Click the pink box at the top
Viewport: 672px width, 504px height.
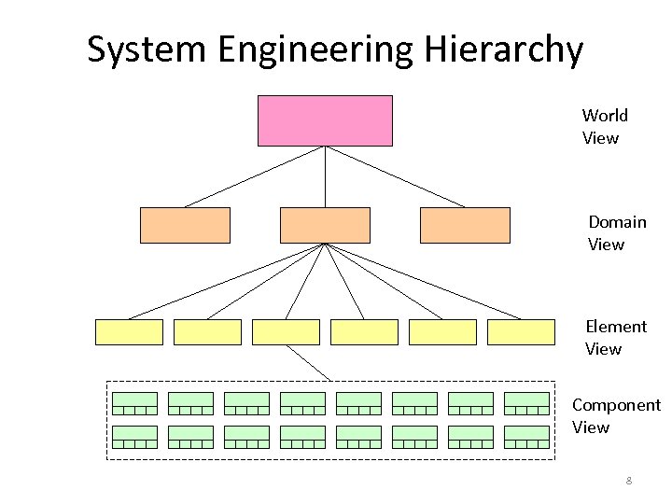(x=325, y=120)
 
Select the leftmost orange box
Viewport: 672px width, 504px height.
(x=185, y=225)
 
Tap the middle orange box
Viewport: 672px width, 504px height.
(x=325, y=225)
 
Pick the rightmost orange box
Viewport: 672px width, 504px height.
(x=465, y=225)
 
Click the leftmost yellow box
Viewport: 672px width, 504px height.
(x=129, y=331)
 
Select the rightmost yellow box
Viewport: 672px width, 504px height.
(x=521, y=331)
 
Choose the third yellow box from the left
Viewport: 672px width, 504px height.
(x=286, y=331)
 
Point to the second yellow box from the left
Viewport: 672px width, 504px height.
(x=207, y=331)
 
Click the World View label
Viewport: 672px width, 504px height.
(x=604, y=127)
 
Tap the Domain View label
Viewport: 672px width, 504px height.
(x=616, y=233)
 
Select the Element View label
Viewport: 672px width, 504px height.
(x=615, y=338)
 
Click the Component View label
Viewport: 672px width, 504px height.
(x=615, y=416)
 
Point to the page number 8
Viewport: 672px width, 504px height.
(x=629, y=482)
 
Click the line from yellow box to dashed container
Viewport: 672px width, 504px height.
(x=308, y=363)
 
